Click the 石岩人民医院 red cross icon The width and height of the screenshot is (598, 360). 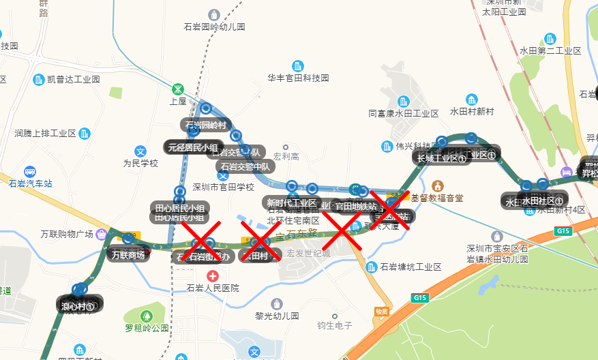[x=213, y=276]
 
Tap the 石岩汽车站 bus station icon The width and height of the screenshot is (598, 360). [x=30, y=172]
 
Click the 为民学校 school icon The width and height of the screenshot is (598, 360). [x=140, y=151]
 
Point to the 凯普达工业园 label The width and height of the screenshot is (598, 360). [x=74, y=79]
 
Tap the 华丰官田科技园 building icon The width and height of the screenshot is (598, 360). [x=298, y=66]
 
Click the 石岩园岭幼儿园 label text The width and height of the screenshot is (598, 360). [x=214, y=27]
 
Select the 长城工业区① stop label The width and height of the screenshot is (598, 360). [x=441, y=159]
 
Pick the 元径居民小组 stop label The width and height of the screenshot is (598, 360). [x=193, y=147]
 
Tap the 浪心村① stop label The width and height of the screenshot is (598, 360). [x=77, y=306]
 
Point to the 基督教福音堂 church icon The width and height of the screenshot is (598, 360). [x=438, y=186]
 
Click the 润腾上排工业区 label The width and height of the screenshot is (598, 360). [x=46, y=134]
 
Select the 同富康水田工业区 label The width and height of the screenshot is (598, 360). [x=404, y=114]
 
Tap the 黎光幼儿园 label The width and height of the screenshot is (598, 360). [x=277, y=316]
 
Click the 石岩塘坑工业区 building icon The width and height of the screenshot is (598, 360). [x=372, y=267]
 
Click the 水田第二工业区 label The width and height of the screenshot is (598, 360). [x=550, y=51]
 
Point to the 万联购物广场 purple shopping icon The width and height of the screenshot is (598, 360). [x=102, y=235]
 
